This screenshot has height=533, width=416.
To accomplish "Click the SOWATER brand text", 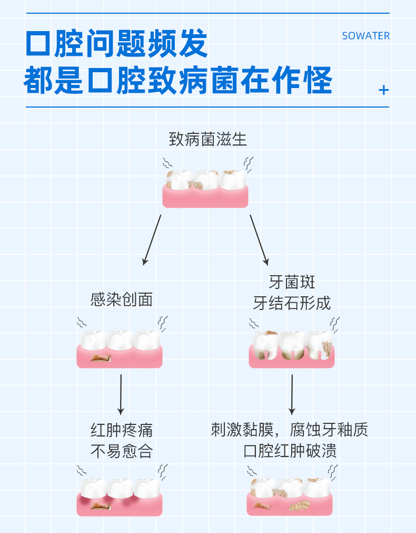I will [365, 36].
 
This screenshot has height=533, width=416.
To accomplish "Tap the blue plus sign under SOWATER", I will [383, 90].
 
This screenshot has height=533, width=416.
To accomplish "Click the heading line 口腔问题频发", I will [117, 44].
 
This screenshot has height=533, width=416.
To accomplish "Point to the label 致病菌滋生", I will [207, 140].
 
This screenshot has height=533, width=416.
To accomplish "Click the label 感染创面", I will [122, 299].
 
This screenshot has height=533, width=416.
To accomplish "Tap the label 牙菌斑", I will [292, 282].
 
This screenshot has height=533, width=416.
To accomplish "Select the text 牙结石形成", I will [292, 304].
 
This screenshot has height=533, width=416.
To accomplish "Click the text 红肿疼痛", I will [122, 430].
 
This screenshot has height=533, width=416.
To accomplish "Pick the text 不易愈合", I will [122, 451].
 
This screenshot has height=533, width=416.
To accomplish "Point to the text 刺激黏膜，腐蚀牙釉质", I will [290, 430].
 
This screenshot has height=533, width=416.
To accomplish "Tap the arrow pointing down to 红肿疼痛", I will [121, 394].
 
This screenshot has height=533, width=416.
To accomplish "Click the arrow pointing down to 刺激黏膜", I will [292, 394].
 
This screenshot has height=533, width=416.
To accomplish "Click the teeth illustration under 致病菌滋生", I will [205, 187].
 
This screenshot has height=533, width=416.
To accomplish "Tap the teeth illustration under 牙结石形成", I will [292, 348].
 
